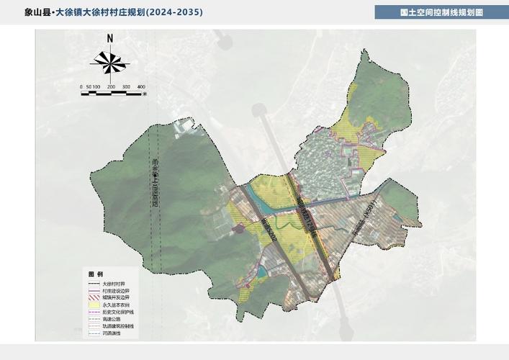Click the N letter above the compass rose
pyautogui.click(x=110, y=39)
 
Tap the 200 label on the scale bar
pyautogui.click(x=112, y=86)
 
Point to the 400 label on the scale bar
pyautogui.click(x=141, y=86)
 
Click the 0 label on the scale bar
pyautogui.click(x=81, y=86)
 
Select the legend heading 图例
pyautogui.click(x=95, y=275)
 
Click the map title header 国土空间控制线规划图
pyautogui.click(x=441, y=12)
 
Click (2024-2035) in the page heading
pyautogui.click(x=174, y=12)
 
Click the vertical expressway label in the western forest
pyautogui.click(x=154, y=184)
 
